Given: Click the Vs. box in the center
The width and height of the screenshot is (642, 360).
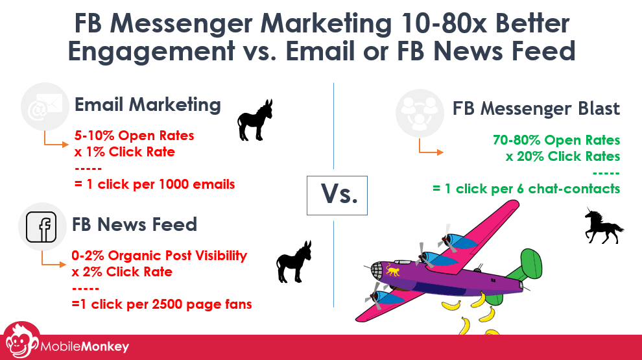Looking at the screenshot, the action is (337, 195).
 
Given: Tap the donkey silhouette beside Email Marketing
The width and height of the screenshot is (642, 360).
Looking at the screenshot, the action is (255, 120).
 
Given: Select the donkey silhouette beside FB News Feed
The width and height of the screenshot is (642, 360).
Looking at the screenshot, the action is (294, 261).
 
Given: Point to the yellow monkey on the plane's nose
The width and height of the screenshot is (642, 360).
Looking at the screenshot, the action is (392, 270).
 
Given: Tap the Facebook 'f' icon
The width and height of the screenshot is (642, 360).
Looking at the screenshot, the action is (42, 227).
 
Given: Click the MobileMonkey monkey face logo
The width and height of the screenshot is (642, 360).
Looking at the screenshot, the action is (21, 342).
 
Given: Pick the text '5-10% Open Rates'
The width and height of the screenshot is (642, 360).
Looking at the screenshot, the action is (134, 136).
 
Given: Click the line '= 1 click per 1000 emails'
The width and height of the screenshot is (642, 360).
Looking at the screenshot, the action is (155, 184).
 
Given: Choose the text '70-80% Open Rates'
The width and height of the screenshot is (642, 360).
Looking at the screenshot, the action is (556, 140).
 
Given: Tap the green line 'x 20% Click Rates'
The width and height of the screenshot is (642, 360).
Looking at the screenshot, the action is (563, 156).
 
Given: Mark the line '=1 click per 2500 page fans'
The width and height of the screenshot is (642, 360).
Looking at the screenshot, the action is (161, 304).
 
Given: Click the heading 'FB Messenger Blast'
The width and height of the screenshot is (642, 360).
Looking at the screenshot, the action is (536, 109).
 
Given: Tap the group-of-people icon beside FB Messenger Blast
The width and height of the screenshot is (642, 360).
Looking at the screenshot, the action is (420, 113).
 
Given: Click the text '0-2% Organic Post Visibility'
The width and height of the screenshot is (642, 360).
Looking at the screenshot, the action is (160, 256).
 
